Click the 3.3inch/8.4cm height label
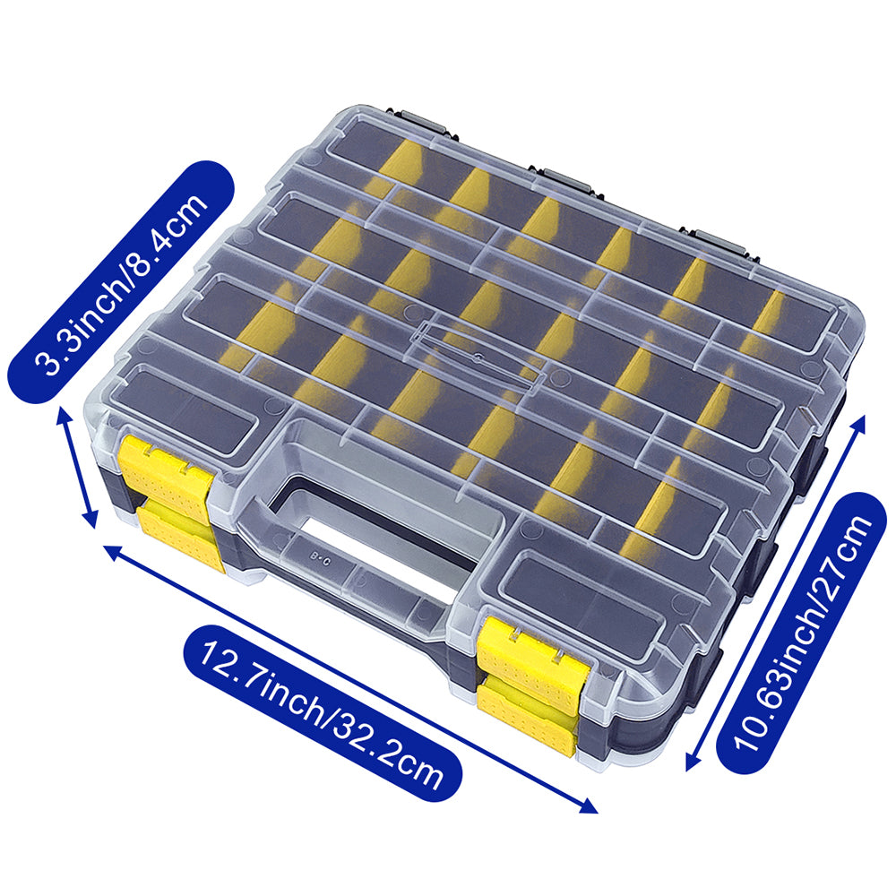[121, 281]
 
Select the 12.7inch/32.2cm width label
[323, 714]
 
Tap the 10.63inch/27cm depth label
[802, 633]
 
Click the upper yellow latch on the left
[167, 470]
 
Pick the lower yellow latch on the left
[182, 534]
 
